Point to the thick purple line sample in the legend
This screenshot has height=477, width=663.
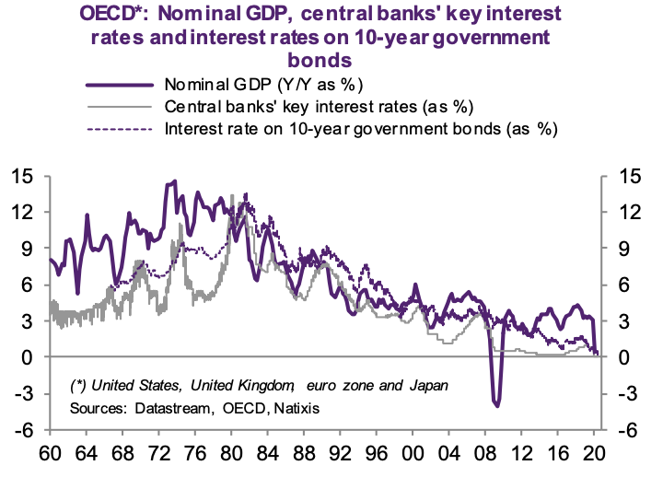(x=121, y=85)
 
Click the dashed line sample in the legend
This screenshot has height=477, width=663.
(x=121, y=128)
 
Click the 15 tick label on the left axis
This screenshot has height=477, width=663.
(x=23, y=175)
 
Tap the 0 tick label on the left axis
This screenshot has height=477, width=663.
(x=28, y=357)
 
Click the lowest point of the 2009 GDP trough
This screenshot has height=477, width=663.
(x=497, y=404)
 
